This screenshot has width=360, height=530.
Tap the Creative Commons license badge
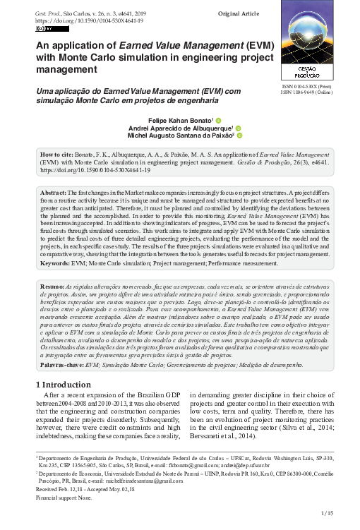click(43, 30)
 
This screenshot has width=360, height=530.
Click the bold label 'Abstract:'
click(54, 193)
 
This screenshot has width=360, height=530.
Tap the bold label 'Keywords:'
click(54, 263)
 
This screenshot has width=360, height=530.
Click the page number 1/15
click(326, 513)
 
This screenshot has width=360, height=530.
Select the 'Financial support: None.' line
click(63, 498)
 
